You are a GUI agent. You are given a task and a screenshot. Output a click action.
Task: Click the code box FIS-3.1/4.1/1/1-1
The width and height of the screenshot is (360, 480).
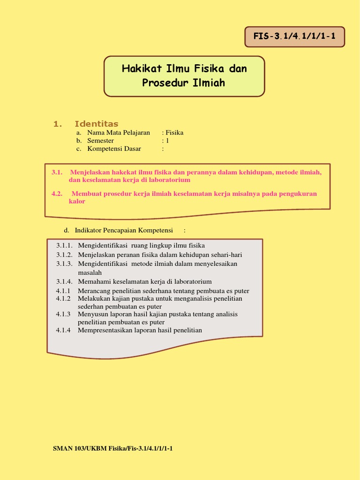click(x=294, y=37)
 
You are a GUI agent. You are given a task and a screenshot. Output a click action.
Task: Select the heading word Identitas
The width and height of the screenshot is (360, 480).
click(x=97, y=124)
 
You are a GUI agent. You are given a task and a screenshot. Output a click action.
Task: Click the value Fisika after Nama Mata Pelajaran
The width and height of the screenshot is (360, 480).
click(x=174, y=133)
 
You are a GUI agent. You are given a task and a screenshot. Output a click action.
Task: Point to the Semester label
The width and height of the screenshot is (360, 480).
click(x=100, y=141)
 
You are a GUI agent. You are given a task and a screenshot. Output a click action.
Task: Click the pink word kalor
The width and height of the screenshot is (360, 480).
click(x=77, y=202)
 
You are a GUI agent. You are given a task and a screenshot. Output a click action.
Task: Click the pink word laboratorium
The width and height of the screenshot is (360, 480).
click(x=170, y=180)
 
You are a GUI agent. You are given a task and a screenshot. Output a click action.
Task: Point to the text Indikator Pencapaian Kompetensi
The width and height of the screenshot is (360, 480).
click(x=124, y=230)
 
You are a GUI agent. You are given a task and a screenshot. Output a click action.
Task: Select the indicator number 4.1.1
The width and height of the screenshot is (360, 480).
click(x=63, y=291)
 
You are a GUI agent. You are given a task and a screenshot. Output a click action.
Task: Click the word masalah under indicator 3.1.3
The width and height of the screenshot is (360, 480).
click(x=90, y=272)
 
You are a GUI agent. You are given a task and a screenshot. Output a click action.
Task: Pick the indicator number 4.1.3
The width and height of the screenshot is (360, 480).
click(x=63, y=314)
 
